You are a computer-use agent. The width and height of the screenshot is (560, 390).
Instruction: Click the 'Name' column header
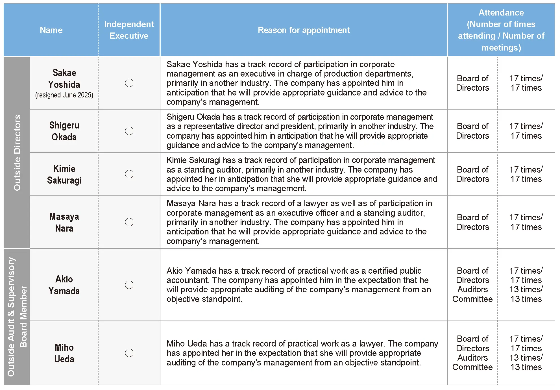[x=51, y=30]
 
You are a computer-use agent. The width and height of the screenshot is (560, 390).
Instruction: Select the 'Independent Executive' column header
[x=129, y=30]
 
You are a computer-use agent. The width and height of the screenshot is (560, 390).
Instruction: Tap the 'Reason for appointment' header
[x=304, y=30]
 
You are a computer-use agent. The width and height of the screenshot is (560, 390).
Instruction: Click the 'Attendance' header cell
[x=501, y=30]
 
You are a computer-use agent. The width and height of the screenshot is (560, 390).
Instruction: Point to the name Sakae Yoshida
[x=64, y=79]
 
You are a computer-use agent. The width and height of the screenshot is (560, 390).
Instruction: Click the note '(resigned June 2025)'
[x=64, y=95]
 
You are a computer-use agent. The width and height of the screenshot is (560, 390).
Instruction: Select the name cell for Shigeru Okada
[x=64, y=131]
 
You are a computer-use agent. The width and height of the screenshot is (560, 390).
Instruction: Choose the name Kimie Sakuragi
[x=64, y=174]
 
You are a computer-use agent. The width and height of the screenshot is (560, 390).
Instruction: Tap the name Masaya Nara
[x=64, y=222]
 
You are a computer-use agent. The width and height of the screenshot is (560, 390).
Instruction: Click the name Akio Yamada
[x=64, y=285]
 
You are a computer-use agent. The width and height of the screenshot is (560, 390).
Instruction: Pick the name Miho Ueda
[x=64, y=353]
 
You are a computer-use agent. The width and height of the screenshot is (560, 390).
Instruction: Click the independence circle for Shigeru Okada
[x=129, y=131]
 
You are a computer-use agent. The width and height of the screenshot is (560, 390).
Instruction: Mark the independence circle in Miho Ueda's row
[x=129, y=353]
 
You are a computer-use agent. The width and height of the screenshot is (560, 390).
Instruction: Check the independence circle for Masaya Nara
[x=129, y=222]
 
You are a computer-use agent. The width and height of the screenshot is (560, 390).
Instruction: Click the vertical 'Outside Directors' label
[x=17, y=152]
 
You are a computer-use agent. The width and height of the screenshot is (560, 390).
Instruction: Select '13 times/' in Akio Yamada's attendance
[x=526, y=289]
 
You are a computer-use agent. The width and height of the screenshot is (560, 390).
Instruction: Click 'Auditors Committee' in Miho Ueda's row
[x=472, y=362]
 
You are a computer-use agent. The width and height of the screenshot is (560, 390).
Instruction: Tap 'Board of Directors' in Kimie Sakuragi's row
[x=472, y=174]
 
